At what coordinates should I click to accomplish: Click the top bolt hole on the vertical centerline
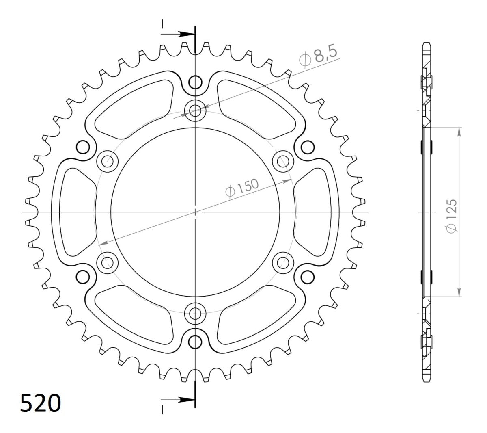[x=195, y=109]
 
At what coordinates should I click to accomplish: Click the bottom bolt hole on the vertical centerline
[x=195, y=313]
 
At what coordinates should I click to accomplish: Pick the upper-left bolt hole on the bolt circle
[x=108, y=161]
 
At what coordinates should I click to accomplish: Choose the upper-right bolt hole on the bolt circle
[x=283, y=161]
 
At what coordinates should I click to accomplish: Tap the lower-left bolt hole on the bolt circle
[x=108, y=262]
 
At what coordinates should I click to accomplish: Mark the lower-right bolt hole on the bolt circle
[x=283, y=262]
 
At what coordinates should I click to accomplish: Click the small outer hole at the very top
[x=196, y=83]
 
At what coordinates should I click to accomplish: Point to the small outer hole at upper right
[x=308, y=147]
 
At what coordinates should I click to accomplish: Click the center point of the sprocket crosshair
[x=195, y=212]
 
